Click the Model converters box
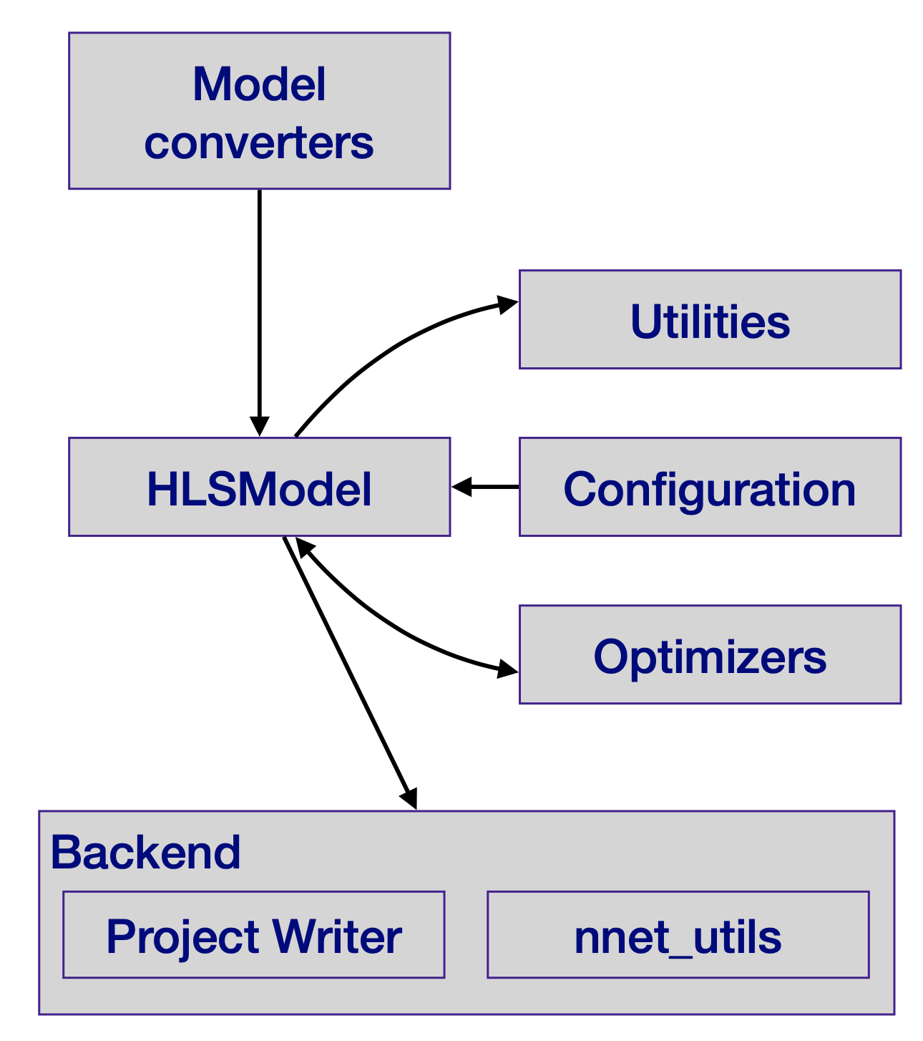(259, 111)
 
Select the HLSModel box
(259, 487)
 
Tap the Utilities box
(710, 319)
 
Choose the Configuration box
(710, 487)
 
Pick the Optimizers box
(710, 654)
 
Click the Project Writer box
(253, 934)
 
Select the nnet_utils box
(678, 934)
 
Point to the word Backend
(145, 852)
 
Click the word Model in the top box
(259, 84)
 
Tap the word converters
(259, 142)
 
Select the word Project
(182, 936)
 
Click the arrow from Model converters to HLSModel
(259, 308)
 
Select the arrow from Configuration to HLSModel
(485, 487)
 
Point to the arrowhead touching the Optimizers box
(507, 670)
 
